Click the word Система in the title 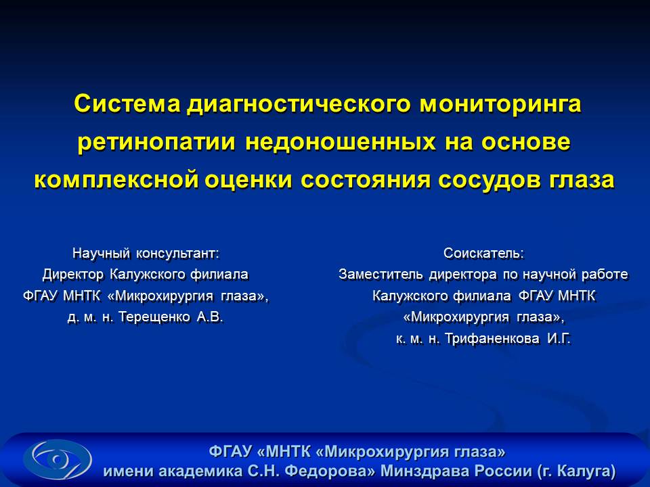127,103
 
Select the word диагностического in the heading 299,105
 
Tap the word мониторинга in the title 500,105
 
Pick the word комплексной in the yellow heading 116,180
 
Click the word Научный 101,253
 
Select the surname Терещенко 154,317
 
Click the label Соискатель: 483,253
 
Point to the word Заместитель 381,274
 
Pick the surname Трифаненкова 492,339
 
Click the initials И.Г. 559,339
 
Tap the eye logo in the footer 57,460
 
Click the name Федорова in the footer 329,471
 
